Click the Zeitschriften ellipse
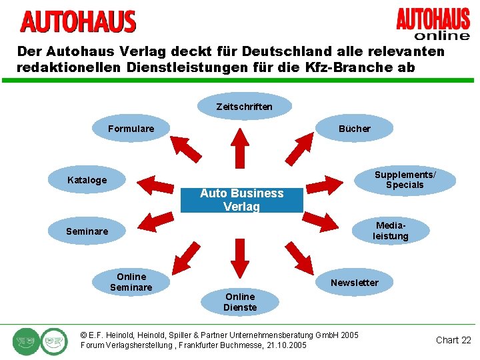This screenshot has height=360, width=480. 245,106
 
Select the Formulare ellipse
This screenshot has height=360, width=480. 131,128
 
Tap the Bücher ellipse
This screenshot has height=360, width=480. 354,128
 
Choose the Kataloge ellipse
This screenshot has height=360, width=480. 87,180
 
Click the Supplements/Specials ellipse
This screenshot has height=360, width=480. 405,180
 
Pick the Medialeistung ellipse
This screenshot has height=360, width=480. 391,231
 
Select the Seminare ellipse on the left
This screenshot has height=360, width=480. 87,231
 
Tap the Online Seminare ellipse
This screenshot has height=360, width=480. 131,282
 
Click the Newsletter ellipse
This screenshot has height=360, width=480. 354,283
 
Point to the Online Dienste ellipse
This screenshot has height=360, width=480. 240,302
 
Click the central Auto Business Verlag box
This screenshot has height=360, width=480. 241,199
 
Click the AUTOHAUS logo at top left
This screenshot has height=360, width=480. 78,22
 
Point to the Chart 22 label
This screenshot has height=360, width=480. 453,340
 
